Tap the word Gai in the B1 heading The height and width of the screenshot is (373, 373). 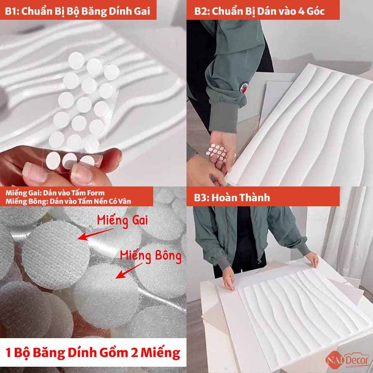[142, 11]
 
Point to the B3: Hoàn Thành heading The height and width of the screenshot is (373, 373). [232, 197]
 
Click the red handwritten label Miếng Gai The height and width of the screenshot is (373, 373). [123, 221]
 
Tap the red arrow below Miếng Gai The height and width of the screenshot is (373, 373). [96, 234]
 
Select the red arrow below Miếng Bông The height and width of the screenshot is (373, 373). [129, 270]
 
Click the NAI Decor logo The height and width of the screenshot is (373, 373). [347, 360]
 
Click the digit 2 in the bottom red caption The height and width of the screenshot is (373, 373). [134, 352]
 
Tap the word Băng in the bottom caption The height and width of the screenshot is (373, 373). [49, 352]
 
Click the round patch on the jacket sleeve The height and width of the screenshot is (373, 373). [244, 87]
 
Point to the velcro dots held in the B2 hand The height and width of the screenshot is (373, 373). [217, 152]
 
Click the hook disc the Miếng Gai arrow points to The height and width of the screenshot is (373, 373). [56, 255]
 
